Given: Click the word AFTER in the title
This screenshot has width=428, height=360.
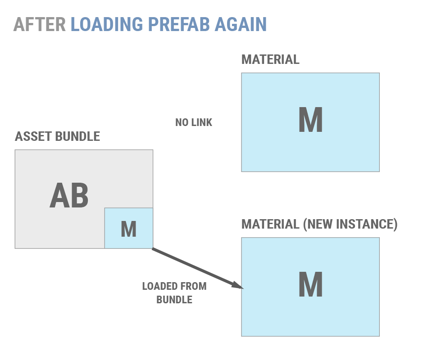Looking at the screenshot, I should pyautogui.click(x=40, y=24).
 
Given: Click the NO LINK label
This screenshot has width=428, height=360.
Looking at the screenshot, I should pyautogui.click(x=194, y=122).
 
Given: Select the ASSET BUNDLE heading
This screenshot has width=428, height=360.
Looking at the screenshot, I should pyautogui.click(x=58, y=137).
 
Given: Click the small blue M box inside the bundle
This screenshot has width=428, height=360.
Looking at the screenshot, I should pyautogui.click(x=129, y=229).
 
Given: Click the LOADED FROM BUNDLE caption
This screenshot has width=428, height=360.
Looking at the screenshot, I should pyautogui.click(x=174, y=292).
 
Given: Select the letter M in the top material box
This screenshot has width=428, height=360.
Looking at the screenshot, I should pyautogui.click(x=310, y=120).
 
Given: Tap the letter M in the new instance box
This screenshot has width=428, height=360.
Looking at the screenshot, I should pyautogui.click(x=310, y=284).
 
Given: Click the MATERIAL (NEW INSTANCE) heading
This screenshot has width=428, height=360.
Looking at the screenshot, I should pyautogui.click(x=319, y=224).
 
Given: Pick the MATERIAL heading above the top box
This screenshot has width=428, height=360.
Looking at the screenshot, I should pyautogui.click(x=270, y=60).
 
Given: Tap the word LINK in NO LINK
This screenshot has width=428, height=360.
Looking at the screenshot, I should pyautogui.click(x=201, y=122).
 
